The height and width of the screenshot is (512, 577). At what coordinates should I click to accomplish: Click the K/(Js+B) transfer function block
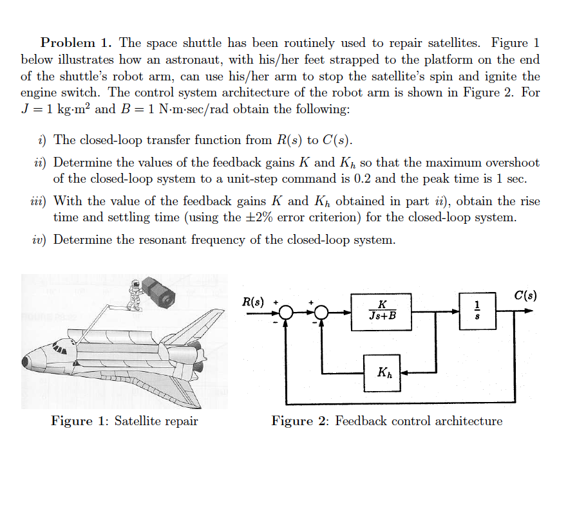click(x=383, y=311)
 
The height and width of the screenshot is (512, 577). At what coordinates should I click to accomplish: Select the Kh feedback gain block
click(x=382, y=373)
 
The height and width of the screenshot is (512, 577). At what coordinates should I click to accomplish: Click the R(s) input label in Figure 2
click(x=253, y=302)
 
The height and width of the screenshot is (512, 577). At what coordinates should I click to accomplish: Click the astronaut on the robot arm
click(x=135, y=294)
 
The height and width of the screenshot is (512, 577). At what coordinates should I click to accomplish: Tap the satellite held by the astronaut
click(x=158, y=292)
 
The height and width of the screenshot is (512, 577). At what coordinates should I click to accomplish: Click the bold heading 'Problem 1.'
click(x=77, y=43)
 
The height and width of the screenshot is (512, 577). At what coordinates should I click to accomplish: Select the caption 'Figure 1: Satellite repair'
click(x=124, y=421)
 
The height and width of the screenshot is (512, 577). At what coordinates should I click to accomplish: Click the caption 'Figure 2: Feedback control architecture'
click(x=386, y=421)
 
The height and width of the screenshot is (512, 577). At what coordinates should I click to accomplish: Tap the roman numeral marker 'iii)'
click(x=39, y=201)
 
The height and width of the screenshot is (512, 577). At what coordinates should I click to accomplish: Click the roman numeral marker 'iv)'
click(x=39, y=240)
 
